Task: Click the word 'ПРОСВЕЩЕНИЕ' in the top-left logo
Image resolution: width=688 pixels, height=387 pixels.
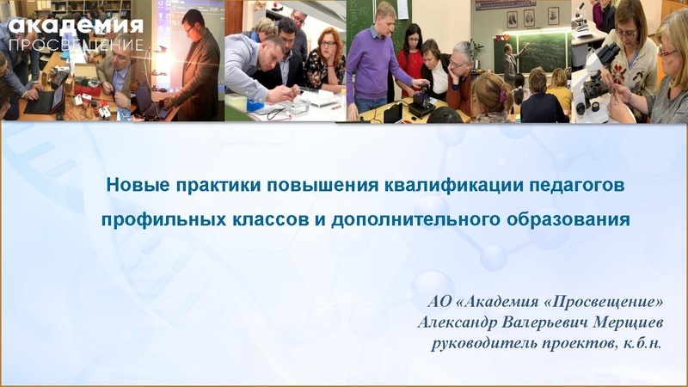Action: pyautogui.click(x=76, y=44)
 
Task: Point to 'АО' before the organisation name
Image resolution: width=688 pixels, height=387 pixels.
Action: pyautogui.click(x=439, y=303)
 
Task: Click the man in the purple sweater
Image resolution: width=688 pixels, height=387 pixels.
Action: pyautogui.click(x=379, y=60)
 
